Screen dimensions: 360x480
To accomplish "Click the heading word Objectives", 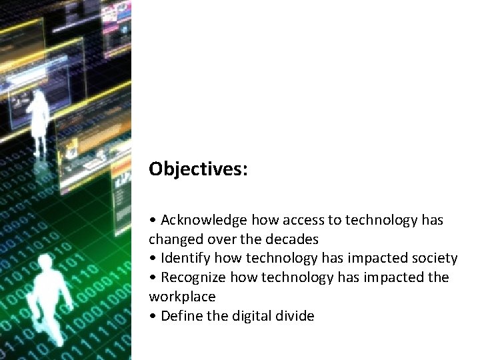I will (198, 169).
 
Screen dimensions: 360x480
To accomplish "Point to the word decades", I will (293, 239).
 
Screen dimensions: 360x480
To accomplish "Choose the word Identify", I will (183, 258).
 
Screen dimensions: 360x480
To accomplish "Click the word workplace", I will (182, 296).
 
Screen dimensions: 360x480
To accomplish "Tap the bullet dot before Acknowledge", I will (153, 221).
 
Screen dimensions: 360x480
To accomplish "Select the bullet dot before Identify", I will (153, 259).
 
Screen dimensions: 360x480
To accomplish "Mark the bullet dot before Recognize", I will (153, 277).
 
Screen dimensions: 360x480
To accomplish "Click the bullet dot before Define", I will (153, 316).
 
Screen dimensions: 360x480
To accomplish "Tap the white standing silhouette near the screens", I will (39, 123).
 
